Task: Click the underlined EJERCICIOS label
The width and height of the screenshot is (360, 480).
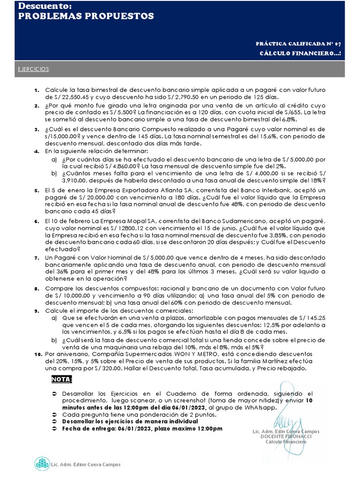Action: [33, 69]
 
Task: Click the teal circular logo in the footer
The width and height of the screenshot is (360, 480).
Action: [42, 464]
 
